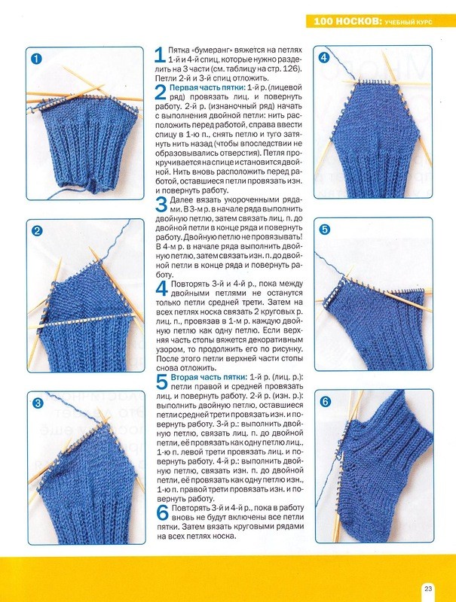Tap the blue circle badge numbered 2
[x=36, y=231]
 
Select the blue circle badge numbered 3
[x=38, y=403]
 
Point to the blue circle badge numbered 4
[x=324, y=58]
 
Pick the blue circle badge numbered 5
[x=325, y=230]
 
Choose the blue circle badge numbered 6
[x=326, y=402]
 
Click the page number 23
[x=428, y=588]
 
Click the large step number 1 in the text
[x=161, y=54]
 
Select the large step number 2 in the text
[x=161, y=92]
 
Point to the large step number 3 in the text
[x=161, y=204]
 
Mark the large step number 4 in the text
[x=161, y=288]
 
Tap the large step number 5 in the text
[x=161, y=382]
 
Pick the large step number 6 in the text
[x=162, y=512]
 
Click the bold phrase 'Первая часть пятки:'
[x=207, y=87]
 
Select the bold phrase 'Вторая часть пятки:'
[x=210, y=377]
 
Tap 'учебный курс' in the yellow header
[x=409, y=23]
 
